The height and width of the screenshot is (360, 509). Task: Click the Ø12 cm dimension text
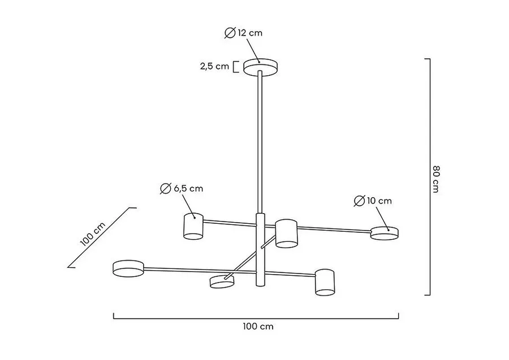tap(243, 33)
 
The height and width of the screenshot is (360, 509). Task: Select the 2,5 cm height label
tap(214, 67)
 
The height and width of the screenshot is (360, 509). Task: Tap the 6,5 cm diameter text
tap(188, 188)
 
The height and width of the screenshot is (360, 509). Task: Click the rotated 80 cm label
tap(436, 179)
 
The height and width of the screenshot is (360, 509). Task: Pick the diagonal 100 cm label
tap(93, 234)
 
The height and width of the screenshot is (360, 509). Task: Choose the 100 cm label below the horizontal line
tap(258, 326)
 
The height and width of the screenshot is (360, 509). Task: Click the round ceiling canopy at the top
tap(261, 67)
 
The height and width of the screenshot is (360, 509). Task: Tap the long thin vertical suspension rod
tap(260, 142)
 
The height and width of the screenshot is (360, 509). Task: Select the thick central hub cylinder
tap(260, 250)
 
